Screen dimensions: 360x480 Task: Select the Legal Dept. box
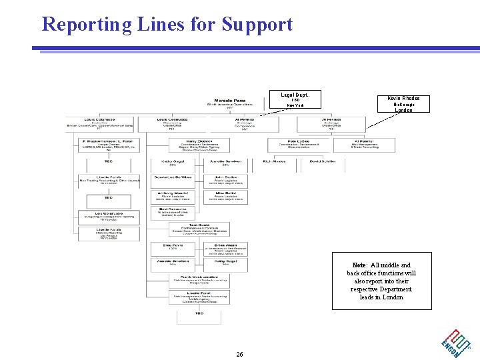[296, 99]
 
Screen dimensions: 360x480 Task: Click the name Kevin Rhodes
[403, 98]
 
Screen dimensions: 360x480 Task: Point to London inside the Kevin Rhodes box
[403, 110]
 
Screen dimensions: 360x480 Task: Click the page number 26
[239, 354]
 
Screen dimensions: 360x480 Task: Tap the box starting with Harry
[199, 145]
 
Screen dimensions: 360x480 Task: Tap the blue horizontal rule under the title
[257, 49]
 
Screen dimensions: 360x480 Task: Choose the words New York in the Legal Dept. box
[296, 106]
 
